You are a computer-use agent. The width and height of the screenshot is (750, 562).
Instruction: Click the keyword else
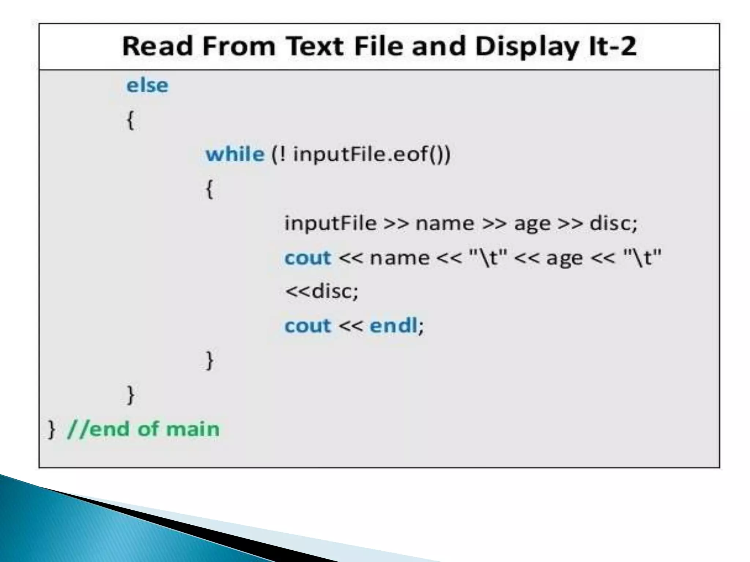coord(147,86)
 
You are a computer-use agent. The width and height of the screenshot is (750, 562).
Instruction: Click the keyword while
coord(235,154)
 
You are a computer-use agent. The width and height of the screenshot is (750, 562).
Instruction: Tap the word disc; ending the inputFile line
coord(613,223)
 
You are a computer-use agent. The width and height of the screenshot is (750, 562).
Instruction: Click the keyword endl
coord(393,325)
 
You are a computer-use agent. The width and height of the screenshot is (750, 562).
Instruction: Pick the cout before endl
coord(308,325)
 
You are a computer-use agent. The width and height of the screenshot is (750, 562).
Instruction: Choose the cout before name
coord(308,258)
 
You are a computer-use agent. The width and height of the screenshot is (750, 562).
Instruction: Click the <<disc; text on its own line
coord(322,291)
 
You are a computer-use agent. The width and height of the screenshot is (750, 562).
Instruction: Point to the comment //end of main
coord(143,429)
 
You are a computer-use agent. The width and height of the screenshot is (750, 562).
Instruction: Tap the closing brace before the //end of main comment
coord(52,429)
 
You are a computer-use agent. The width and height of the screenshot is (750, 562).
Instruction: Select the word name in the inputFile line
coord(445,223)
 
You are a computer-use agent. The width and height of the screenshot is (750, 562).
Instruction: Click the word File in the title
coord(380,46)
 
